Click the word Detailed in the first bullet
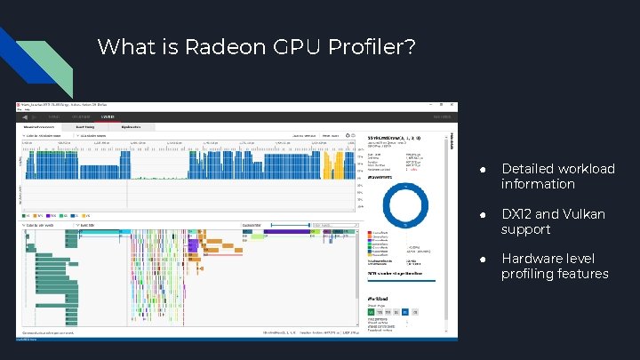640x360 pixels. (527, 169)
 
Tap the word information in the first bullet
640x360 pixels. (538, 184)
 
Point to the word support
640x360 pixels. (525, 229)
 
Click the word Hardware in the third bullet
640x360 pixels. (532, 259)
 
